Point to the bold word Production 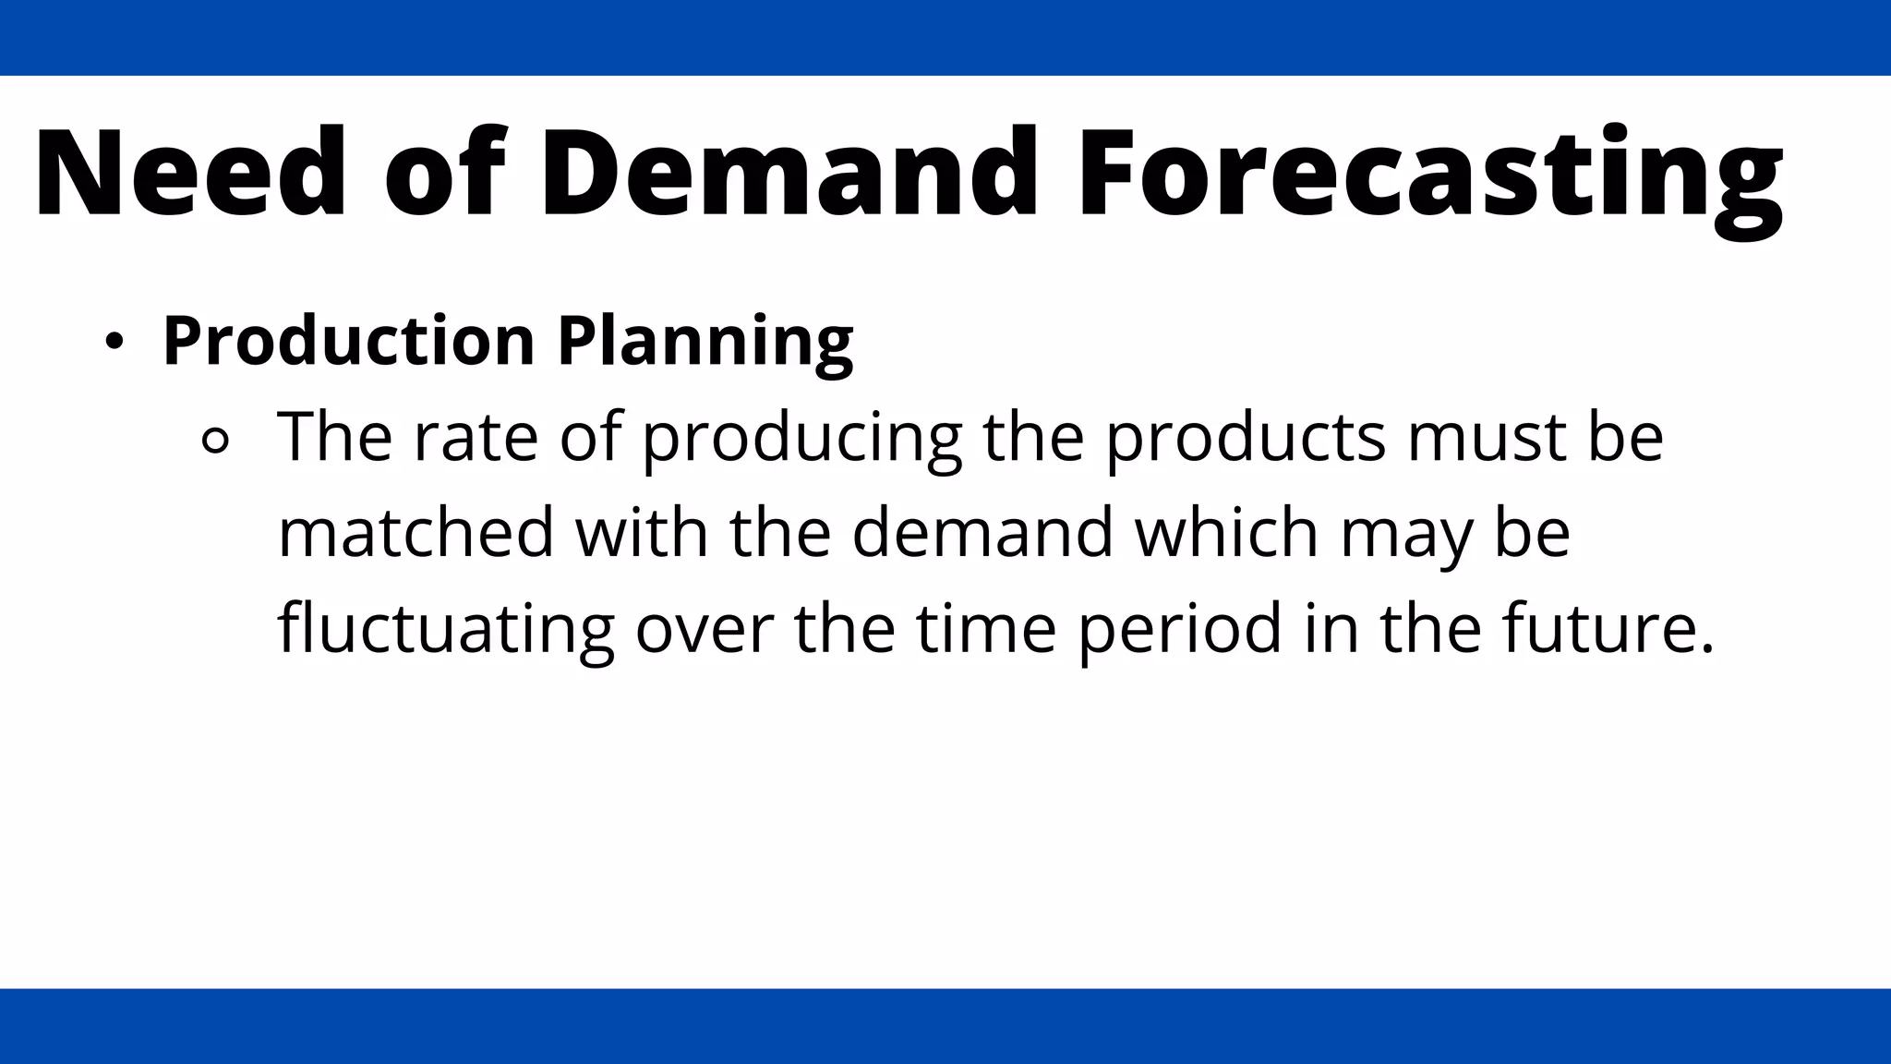coord(348,341)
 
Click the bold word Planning coord(705,341)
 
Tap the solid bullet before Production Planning coord(114,343)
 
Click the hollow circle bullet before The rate coord(215,441)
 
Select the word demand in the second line coord(982,533)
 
